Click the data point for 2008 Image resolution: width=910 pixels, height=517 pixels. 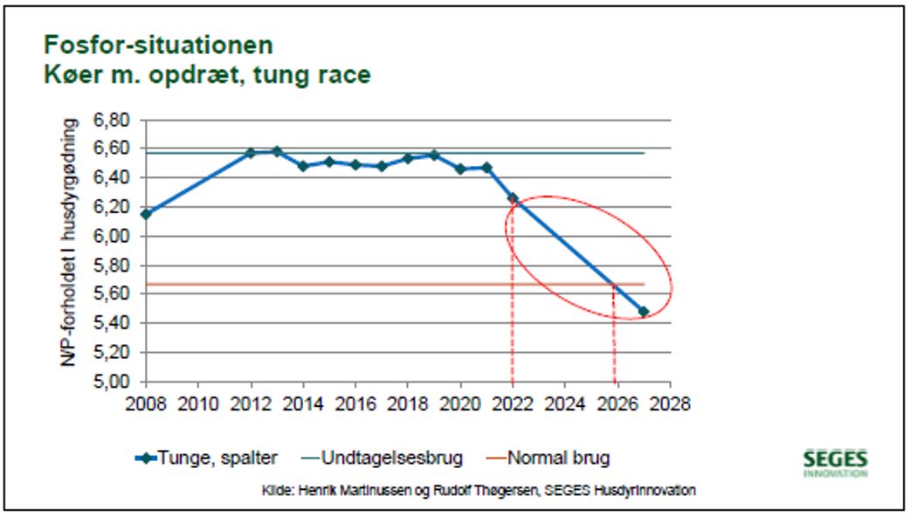(146, 214)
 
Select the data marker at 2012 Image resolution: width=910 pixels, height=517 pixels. (251, 153)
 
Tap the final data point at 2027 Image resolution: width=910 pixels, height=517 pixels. (644, 312)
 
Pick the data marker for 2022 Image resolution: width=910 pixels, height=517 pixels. (513, 198)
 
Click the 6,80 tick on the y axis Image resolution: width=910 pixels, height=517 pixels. (110, 119)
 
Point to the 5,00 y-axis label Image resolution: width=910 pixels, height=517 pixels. (110, 382)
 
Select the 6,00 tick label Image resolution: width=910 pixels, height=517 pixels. (110, 236)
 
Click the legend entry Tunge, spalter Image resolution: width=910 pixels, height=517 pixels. (210, 458)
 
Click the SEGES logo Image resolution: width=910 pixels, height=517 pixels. (835, 462)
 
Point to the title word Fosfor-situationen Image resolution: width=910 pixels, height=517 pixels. (158, 45)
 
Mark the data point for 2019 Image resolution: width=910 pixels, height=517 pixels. (434, 155)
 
